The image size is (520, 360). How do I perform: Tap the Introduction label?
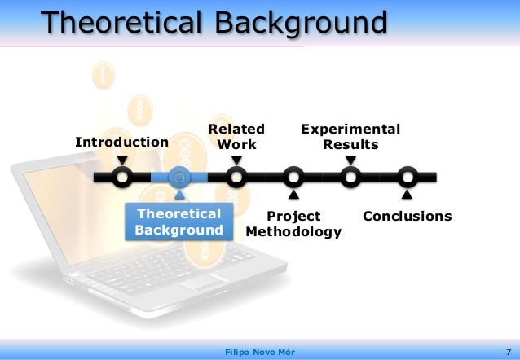click(x=121, y=143)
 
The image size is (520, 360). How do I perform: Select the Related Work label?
click(x=236, y=137)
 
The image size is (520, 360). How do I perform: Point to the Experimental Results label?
click(x=350, y=137)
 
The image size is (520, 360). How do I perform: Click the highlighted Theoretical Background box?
click(x=178, y=222)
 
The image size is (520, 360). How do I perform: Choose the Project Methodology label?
click(x=293, y=224)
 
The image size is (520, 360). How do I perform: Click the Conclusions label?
click(x=407, y=217)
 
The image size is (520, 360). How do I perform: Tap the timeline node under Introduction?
click(x=121, y=177)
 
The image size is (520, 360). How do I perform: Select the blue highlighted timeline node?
click(x=179, y=177)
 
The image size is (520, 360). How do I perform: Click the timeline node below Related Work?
click(x=236, y=177)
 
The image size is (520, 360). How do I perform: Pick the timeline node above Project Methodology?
click(x=293, y=177)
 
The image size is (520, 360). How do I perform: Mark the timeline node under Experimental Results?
click(x=350, y=177)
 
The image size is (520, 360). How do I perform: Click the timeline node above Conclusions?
click(x=408, y=177)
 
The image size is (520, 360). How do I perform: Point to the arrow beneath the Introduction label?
click(x=121, y=160)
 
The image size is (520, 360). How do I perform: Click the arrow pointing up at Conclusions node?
click(x=408, y=195)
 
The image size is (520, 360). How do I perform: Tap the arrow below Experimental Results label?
click(x=350, y=160)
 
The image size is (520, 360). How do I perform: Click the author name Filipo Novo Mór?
click(x=259, y=351)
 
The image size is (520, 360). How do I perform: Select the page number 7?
click(x=507, y=351)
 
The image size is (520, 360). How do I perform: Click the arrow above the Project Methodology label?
click(x=293, y=195)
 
